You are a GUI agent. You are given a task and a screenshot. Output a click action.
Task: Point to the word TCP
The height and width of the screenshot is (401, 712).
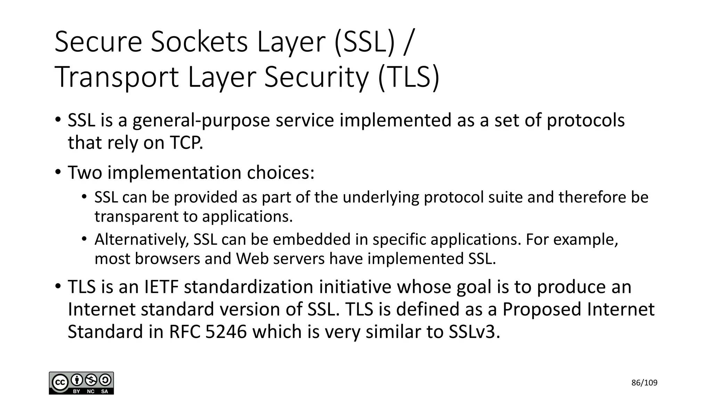[x=186, y=143]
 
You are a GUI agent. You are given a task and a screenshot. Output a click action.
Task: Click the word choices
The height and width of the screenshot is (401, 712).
[x=280, y=173]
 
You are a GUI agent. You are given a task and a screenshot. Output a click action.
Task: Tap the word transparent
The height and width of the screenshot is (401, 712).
[x=136, y=217]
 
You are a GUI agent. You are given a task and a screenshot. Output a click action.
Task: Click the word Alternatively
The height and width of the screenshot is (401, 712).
[x=141, y=239]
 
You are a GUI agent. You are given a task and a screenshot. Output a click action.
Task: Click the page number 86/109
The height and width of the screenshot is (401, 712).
[x=644, y=383]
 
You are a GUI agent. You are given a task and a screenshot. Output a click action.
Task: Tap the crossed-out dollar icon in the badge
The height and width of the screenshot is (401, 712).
[x=91, y=380]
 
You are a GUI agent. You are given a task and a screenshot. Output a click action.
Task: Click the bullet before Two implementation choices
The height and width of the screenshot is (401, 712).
[x=58, y=172]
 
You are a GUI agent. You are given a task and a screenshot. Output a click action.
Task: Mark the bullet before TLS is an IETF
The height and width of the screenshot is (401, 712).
[x=58, y=287]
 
